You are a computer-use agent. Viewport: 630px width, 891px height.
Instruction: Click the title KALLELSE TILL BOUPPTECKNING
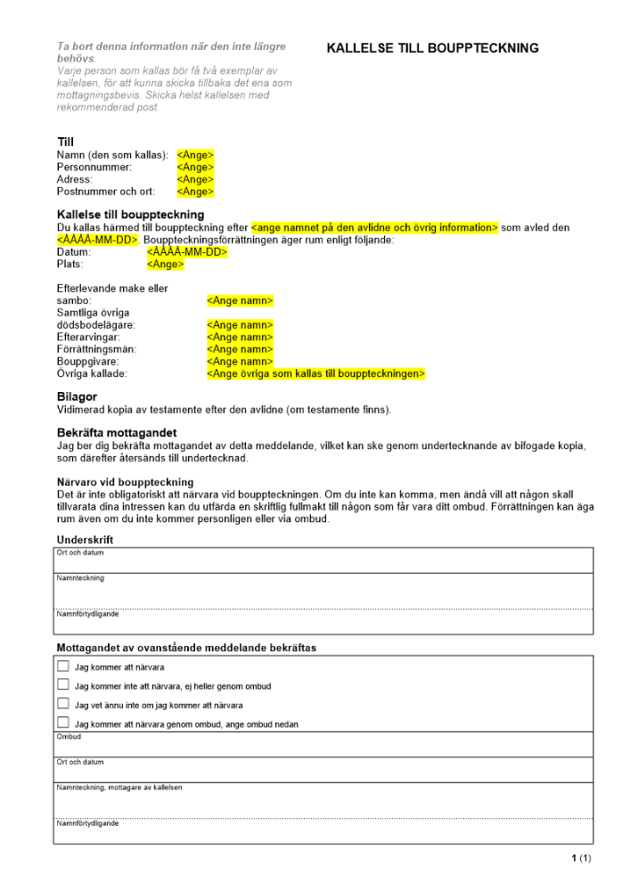tap(433, 48)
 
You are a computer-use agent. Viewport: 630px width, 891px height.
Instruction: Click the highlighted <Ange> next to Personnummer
tap(195, 168)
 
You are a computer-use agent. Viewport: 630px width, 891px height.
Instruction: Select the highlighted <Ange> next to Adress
tap(195, 179)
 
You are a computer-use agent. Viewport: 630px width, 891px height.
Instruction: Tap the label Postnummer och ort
tap(105, 192)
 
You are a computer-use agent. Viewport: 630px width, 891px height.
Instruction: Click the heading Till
tap(65, 142)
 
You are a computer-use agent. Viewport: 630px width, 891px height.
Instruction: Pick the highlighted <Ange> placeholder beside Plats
tap(166, 265)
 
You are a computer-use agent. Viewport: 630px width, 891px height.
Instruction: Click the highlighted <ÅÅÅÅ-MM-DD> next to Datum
tap(187, 252)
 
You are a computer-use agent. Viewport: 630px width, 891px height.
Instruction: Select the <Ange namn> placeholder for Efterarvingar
tap(240, 338)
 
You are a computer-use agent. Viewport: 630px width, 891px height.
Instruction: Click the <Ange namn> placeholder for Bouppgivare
tap(240, 362)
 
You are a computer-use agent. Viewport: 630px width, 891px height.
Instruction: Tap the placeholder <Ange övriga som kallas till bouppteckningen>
tap(315, 374)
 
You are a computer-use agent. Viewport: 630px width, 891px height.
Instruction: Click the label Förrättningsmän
tap(96, 349)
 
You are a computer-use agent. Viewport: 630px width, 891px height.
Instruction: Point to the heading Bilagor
tap(77, 396)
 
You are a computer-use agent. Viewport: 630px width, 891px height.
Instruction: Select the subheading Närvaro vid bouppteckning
tap(125, 482)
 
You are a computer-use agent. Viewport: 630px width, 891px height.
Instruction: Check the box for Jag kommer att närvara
tap(63, 666)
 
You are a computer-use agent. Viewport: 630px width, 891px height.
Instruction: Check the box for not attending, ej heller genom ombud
tap(63, 685)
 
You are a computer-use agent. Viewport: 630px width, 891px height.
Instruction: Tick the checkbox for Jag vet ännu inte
tap(63, 704)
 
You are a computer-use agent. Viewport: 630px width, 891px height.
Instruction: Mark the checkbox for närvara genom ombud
tap(63, 723)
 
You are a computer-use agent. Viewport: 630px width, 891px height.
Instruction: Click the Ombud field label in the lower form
tap(69, 737)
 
